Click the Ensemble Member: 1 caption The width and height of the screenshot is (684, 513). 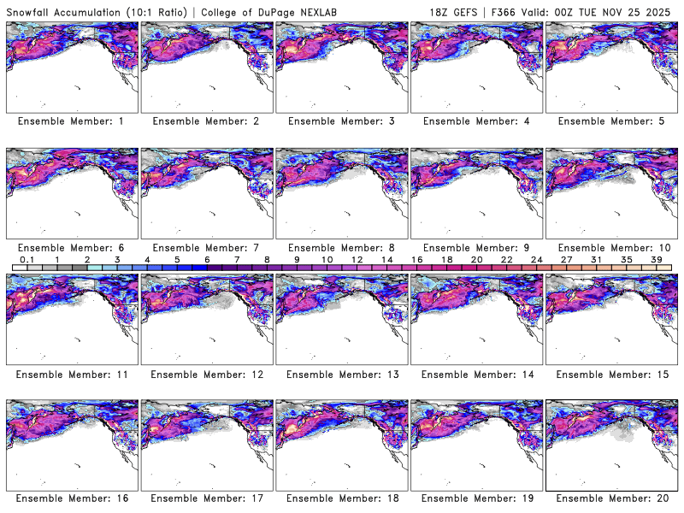point(71,121)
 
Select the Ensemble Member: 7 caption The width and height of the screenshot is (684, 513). point(206,248)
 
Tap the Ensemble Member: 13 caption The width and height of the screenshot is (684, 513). point(341,374)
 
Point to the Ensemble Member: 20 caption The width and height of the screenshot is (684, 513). point(611,498)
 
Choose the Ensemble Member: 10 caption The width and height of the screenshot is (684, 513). point(611,248)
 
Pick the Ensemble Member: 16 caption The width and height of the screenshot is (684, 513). point(71,498)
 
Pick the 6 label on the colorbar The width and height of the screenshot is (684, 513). point(207,259)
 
